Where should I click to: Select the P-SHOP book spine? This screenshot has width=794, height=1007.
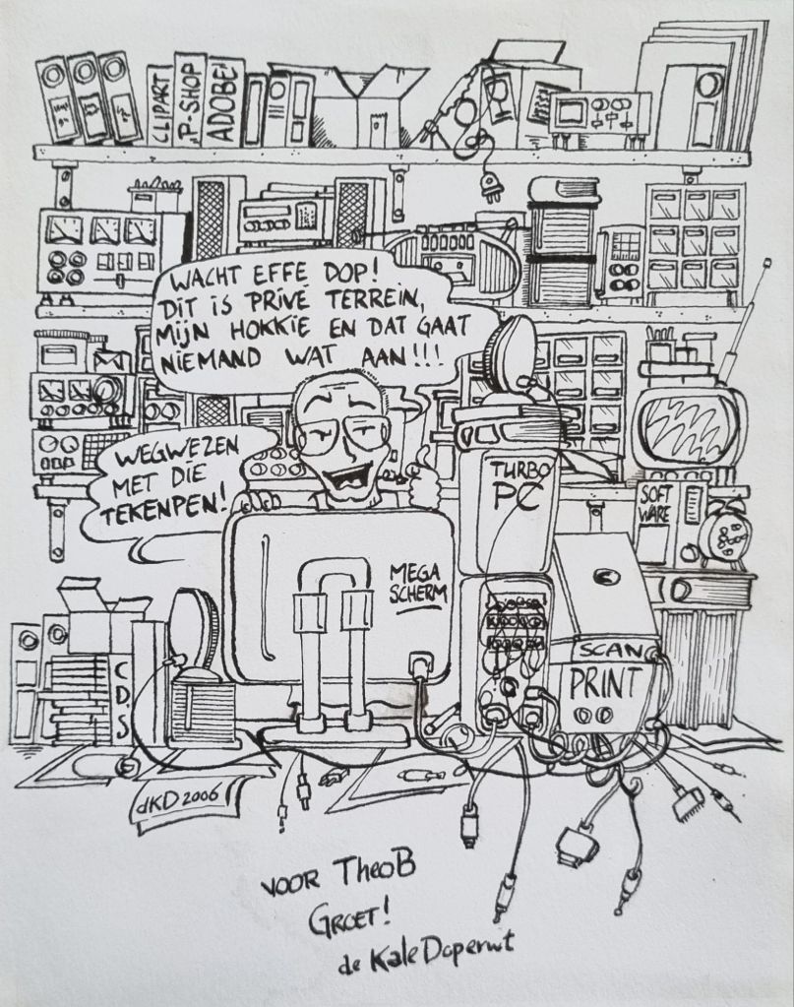(x=189, y=100)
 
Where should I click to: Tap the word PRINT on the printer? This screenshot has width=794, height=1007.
(x=606, y=680)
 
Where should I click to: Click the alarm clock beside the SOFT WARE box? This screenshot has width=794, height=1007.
(x=720, y=535)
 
